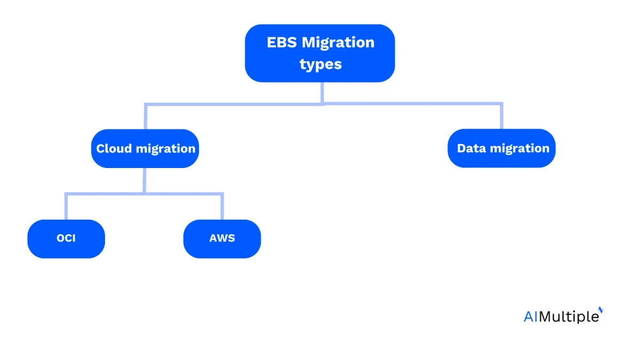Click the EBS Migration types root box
tap(319, 53)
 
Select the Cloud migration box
tap(145, 149)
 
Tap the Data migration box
tap(501, 148)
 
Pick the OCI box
tap(66, 239)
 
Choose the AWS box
tap(222, 239)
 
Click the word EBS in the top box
tap(282, 43)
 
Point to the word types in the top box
tap(321, 65)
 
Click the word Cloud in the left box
tap(114, 149)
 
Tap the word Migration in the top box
tap(338, 43)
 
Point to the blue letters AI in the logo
tap(530, 317)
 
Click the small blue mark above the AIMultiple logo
tap(601, 310)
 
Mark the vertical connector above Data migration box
tap(501, 116)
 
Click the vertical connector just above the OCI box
tap(66, 206)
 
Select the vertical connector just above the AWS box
tap(222, 206)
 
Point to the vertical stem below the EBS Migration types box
tap(322, 93)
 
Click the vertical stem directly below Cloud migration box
tap(145, 181)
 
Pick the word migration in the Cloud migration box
tap(166, 149)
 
